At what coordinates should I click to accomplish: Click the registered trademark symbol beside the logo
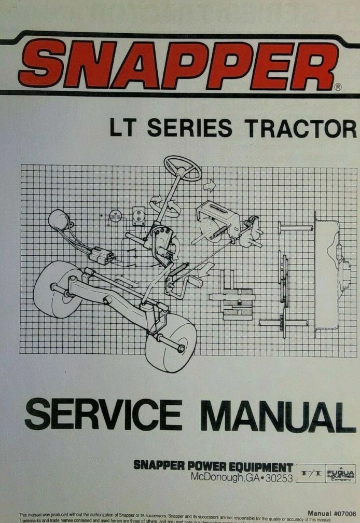(x=338, y=87)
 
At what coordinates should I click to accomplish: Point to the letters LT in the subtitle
(x=124, y=129)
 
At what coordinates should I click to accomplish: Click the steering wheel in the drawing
(x=182, y=169)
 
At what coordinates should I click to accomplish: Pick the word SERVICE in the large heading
(x=103, y=417)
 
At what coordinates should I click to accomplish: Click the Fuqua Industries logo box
(x=341, y=473)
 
